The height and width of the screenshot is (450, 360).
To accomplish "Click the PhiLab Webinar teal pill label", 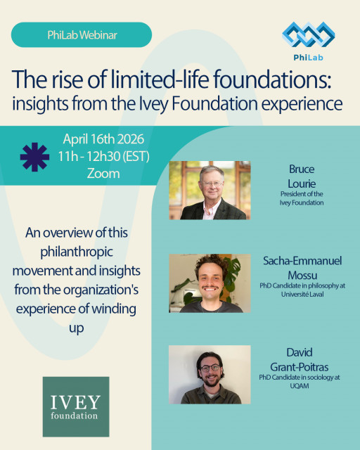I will coord(81,34).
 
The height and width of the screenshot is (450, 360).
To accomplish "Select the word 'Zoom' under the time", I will coord(103,173).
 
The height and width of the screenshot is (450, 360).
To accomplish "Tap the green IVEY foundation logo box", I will coord(76,407).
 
